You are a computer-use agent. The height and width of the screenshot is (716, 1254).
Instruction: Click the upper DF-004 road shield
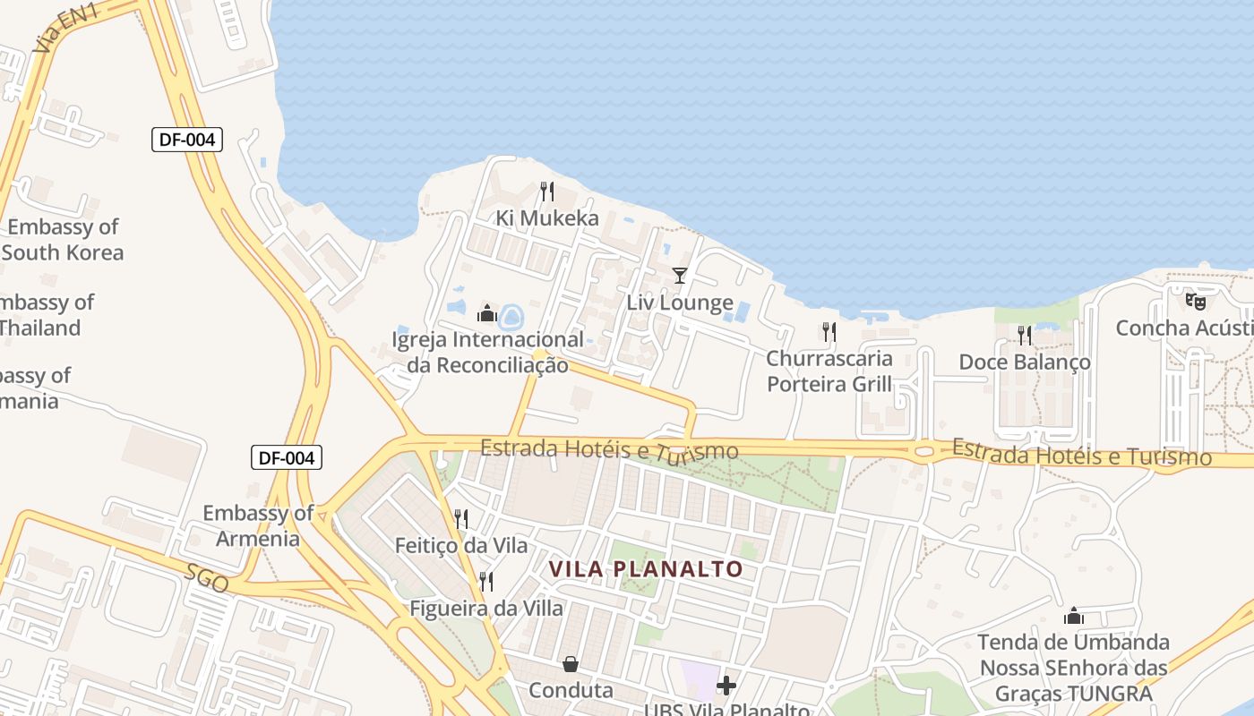click(186, 140)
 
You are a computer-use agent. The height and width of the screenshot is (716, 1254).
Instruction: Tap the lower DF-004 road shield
click(286, 458)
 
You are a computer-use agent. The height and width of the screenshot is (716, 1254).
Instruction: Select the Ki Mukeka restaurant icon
click(546, 192)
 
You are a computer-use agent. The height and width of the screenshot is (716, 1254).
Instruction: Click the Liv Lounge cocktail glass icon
click(680, 276)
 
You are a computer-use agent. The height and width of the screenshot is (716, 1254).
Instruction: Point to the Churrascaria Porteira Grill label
click(829, 371)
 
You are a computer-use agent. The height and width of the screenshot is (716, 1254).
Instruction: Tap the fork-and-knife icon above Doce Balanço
click(1025, 336)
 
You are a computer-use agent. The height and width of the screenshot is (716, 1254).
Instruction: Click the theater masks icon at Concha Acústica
click(1195, 302)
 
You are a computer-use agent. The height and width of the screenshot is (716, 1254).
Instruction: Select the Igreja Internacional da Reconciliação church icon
click(487, 313)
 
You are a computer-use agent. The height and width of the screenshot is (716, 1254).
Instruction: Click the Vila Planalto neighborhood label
click(646, 569)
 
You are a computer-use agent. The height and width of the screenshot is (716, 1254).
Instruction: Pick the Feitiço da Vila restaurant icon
click(461, 519)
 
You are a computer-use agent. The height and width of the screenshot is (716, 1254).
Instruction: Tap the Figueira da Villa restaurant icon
click(486, 582)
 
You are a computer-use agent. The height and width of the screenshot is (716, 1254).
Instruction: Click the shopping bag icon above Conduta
click(570, 664)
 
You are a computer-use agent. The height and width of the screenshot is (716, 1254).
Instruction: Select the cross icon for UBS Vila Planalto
click(726, 686)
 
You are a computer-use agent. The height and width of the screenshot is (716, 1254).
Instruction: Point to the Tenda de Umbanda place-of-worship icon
click(1073, 616)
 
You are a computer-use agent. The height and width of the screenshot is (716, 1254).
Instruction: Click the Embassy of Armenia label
click(258, 525)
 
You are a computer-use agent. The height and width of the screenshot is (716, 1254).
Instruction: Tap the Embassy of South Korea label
click(63, 239)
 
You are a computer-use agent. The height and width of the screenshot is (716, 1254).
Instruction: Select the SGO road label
click(207, 579)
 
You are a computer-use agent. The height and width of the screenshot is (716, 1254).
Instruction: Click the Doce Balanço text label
click(1025, 362)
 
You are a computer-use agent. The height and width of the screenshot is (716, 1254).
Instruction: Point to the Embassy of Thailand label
click(45, 315)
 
